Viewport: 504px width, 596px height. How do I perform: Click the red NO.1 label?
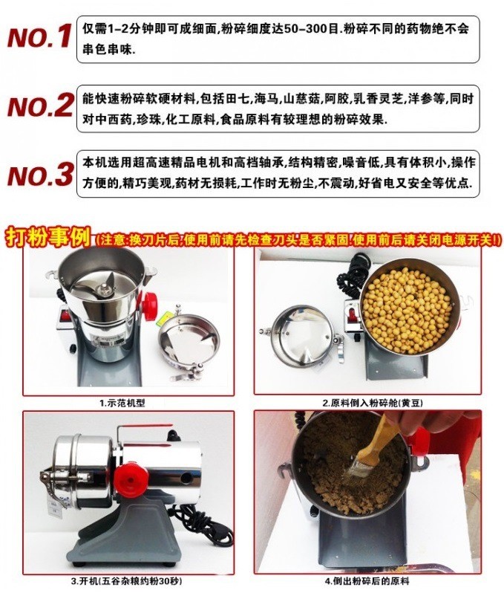tap(39, 36)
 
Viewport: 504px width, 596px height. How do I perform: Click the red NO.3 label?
tap(40, 175)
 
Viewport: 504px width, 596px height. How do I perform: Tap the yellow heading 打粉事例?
tap(48, 237)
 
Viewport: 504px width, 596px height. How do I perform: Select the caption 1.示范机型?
tap(122, 403)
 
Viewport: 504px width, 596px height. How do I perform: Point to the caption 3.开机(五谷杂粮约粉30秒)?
tap(126, 581)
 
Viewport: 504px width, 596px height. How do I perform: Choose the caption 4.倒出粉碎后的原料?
tap(367, 581)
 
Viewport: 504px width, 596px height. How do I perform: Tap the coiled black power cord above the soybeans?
tap(353, 273)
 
